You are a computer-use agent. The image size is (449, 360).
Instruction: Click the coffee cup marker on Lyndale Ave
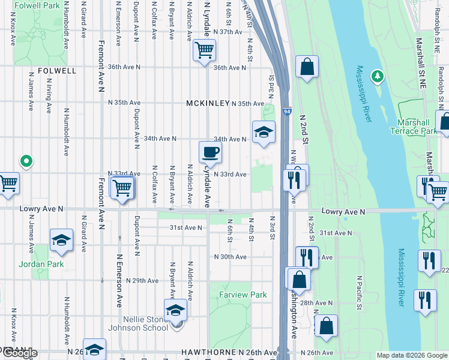pyautogui.click(x=210, y=152)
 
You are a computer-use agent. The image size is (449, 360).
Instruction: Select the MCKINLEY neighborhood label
pyautogui.click(x=208, y=103)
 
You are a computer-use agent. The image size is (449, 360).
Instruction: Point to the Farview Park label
pyautogui.click(x=243, y=295)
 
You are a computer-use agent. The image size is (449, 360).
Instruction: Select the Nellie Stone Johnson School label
pyautogui.click(x=138, y=323)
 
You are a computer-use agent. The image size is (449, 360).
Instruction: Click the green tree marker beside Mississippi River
pyautogui.click(x=377, y=76)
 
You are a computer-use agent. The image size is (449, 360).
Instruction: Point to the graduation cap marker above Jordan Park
pyautogui.click(x=61, y=240)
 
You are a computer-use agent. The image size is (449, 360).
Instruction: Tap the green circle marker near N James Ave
pyautogui.click(x=26, y=161)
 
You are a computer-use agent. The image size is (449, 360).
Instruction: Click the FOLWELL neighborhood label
pyautogui.click(x=57, y=70)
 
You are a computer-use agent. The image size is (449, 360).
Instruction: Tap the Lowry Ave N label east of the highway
pyautogui.click(x=343, y=212)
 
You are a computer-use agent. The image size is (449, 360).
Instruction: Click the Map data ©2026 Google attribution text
pyautogui.click(x=412, y=355)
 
